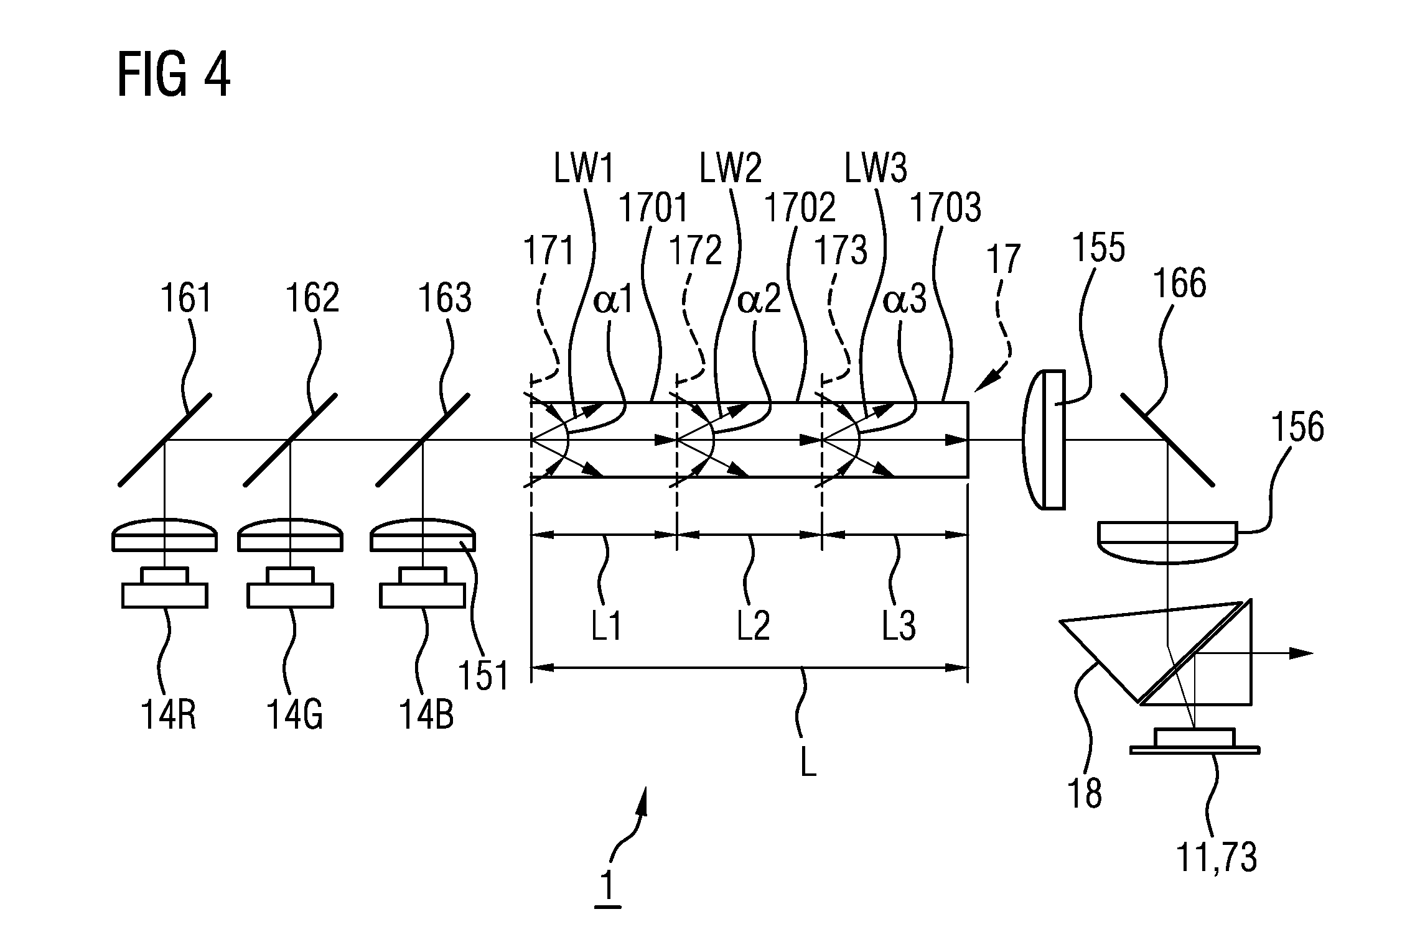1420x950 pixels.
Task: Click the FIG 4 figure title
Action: point(174,76)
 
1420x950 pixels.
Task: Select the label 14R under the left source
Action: point(169,715)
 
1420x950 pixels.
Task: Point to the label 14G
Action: point(295,715)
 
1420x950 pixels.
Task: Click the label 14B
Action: point(426,715)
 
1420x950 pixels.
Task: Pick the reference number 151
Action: point(483,676)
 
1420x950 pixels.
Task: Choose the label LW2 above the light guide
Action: point(731,168)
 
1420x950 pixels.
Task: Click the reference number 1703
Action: point(945,208)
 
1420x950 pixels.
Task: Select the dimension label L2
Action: point(754,626)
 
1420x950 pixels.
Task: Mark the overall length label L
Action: point(808,762)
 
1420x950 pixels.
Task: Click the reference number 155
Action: point(1099,247)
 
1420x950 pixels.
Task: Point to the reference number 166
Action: point(1180,284)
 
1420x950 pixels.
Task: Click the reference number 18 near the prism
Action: point(1085,794)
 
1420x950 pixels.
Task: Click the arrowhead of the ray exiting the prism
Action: point(1304,653)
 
